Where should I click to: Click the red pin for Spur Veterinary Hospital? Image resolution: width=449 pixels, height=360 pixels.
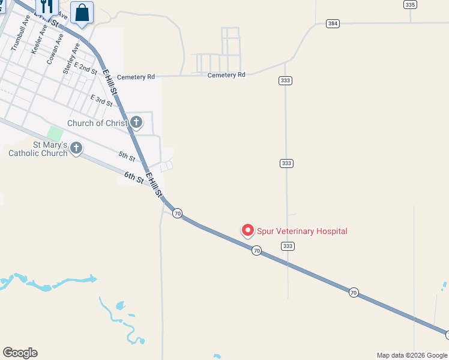[247, 230]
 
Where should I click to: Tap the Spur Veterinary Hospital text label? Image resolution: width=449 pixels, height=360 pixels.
[302, 231]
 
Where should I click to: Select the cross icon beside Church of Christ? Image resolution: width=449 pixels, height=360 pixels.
[136, 122]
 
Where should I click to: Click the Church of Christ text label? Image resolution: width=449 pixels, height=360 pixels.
[97, 123]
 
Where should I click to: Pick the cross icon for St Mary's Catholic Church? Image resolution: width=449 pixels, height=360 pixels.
[76, 148]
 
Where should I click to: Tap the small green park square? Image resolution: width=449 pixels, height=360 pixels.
[55, 133]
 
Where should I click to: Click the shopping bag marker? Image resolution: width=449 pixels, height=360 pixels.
[82, 13]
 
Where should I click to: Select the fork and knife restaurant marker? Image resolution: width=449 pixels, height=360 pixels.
[46, 6]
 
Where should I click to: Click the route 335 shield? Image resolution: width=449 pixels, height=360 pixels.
[410, 4]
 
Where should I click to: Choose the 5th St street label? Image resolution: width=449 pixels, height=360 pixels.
[127, 157]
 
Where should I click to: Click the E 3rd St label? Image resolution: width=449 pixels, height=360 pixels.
[101, 100]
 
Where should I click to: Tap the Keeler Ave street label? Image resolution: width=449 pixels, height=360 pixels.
[38, 40]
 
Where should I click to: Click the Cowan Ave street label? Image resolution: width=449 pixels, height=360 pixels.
[55, 45]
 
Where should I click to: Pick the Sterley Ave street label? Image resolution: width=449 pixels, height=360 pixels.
[71, 58]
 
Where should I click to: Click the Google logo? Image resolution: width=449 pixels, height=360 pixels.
[20, 353]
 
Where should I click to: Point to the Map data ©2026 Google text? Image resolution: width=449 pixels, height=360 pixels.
[412, 355]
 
